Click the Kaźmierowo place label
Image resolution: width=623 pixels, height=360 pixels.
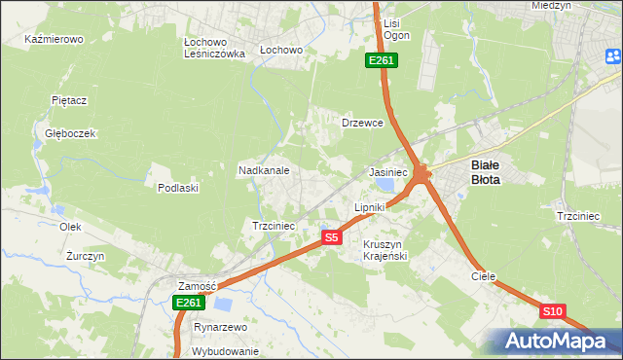pos(55,40)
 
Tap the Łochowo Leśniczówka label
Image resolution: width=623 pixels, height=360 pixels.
pos(213,49)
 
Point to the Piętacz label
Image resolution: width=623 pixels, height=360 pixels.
pos(69,100)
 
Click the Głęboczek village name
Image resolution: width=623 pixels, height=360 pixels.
pos(63,133)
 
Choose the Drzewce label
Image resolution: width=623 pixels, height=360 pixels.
pos(362,124)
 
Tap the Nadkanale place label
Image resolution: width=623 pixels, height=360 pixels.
pos(264,170)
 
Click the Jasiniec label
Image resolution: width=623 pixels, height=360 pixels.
pos(387,171)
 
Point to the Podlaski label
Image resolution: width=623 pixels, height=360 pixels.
pos(178,188)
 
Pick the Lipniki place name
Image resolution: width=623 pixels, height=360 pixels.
pos(370,207)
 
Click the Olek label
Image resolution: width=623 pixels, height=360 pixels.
pos(70,227)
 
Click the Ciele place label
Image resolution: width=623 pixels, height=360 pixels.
pos(484,276)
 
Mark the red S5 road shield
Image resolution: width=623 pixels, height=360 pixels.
pos(332,237)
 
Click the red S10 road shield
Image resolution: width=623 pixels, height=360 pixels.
pos(552,311)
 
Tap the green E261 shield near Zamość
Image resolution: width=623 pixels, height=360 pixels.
pos(188,304)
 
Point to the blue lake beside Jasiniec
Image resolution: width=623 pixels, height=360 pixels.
pos(386,184)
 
